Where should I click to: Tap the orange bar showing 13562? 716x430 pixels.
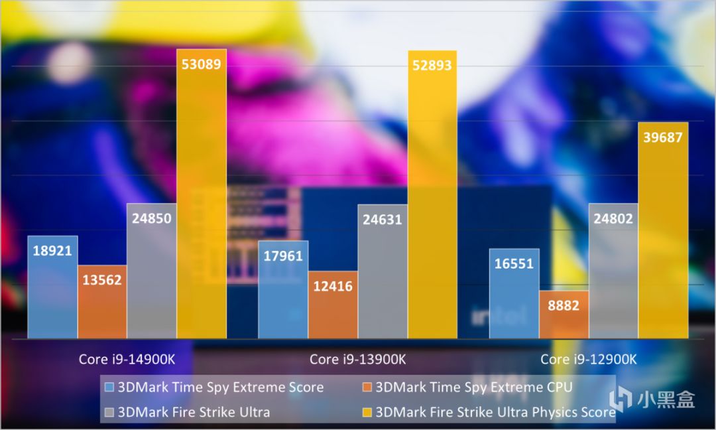point(102,302)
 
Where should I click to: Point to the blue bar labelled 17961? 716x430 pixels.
point(283,289)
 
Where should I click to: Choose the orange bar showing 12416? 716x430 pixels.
point(333,305)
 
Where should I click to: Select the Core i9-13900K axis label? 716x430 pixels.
point(358,359)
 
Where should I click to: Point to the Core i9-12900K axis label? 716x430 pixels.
point(589,359)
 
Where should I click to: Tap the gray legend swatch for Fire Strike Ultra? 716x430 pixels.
point(110,412)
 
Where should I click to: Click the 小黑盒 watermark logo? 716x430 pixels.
point(652,399)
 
